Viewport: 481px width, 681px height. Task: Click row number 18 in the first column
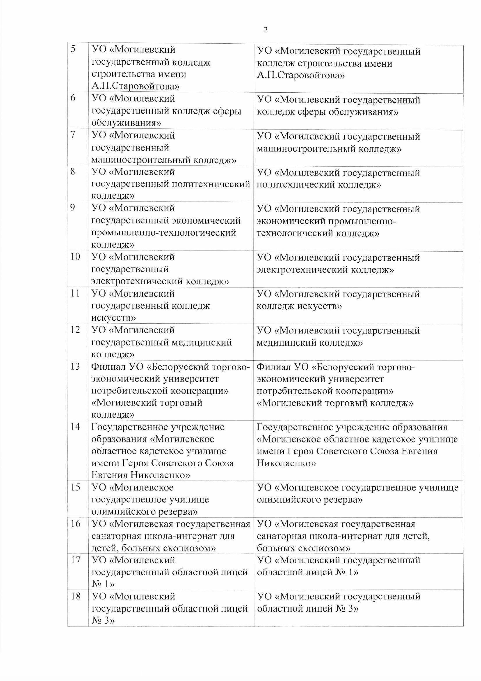click(76, 596)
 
